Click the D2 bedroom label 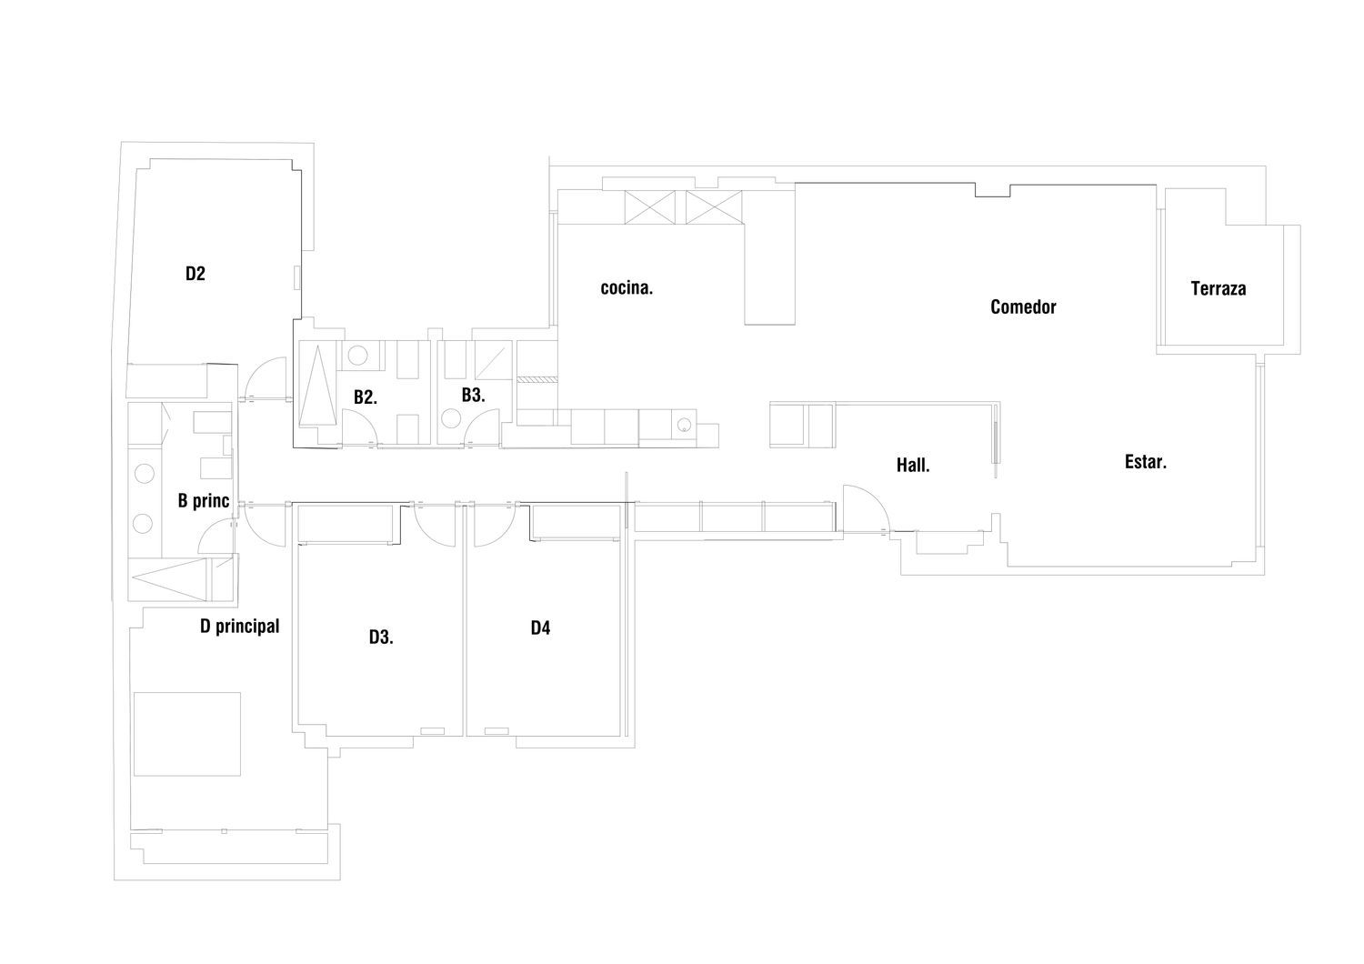point(196,274)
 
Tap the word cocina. point(627,288)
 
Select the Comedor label point(1023,306)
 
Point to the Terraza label point(1219,288)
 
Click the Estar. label point(1146,462)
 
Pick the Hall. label point(913,466)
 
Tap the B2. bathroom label point(366,397)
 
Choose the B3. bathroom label point(473,395)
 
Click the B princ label point(204,500)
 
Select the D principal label point(239,626)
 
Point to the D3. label point(381,637)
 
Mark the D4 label point(541,628)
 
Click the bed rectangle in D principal point(187,734)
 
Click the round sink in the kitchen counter point(685,423)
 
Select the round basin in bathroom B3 point(451,418)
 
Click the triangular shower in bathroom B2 point(317,386)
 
